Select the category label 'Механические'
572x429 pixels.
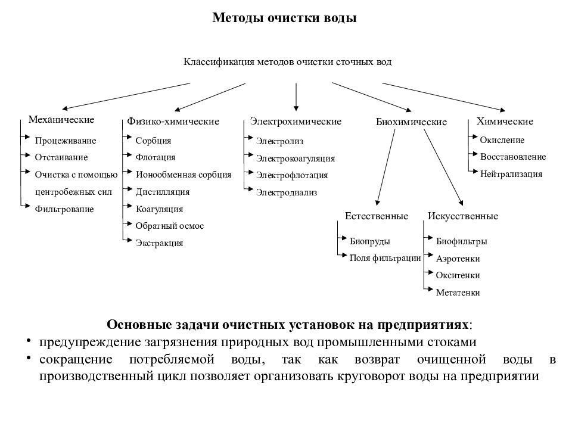[x=61, y=120]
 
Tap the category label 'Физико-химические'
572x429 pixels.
[x=173, y=122]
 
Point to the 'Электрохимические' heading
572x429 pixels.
[x=296, y=122]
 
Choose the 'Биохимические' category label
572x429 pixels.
[x=411, y=122]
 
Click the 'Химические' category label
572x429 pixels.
[x=505, y=122]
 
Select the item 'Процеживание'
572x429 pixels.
[x=65, y=141]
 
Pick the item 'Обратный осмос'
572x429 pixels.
[x=170, y=226]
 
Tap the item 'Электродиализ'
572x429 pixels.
[x=287, y=192]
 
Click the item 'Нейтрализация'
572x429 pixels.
[x=511, y=174]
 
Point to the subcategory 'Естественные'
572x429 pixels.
[x=377, y=216]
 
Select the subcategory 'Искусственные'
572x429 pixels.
[x=463, y=216]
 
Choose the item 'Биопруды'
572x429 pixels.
[x=370, y=241]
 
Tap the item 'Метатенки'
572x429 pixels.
[x=458, y=293]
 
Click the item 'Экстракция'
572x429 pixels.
[x=159, y=243]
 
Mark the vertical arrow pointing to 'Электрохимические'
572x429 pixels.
[x=296, y=95]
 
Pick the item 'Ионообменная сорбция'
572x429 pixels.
[x=184, y=175]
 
